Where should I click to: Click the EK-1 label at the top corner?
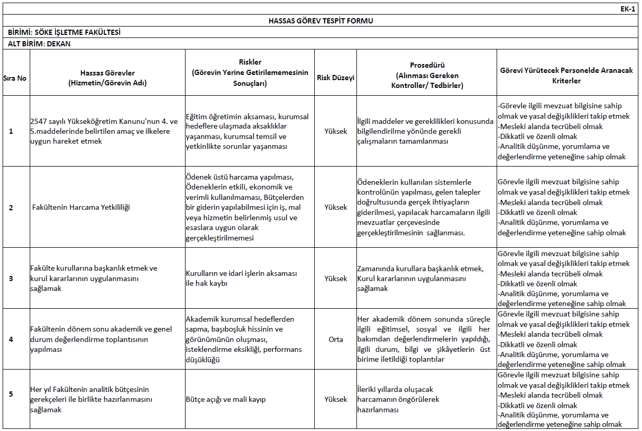(x=627, y=9)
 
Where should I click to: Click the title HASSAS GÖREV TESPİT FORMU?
(x=320, y=21)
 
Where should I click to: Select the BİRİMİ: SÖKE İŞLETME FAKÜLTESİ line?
(x=65, y=32)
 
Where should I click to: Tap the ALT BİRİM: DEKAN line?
(x=40, y=44)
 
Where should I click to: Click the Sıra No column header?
(x=15, y=78)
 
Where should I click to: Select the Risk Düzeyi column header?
(x=336, y=78)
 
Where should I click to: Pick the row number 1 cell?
(x=11, y=131)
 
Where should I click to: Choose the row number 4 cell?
(x=11, y=339)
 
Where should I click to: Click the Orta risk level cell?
(x=336, y=339)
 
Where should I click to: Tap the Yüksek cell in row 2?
(x=336, y=207)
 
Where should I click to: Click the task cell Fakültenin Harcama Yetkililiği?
(x=81, y=207)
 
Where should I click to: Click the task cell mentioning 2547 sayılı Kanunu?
(x=104, y=131)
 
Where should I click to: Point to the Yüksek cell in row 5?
(x=336, y=399)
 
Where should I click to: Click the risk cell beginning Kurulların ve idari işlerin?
(x=241, y=278)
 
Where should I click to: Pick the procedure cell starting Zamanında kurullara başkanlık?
(x=420, y=278)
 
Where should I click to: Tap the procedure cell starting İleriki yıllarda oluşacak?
(x=398, y=399)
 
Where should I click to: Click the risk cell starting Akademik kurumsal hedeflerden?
(x=243, y=339)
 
